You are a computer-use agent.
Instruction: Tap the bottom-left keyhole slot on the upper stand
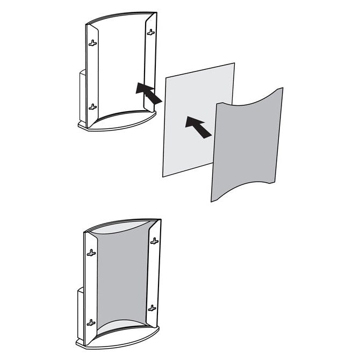pos(93,106)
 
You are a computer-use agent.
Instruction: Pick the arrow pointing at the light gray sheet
pos(198,128)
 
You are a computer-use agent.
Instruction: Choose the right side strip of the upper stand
pos(152,64)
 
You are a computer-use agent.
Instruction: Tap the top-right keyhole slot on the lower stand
pos(154,241)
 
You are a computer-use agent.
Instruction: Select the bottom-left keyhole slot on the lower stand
pos(91,322)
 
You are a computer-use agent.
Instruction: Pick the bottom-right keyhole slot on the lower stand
pos(152,308)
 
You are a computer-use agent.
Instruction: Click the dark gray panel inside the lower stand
pos(121,279)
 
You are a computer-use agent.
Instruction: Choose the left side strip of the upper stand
pos(92,75)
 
